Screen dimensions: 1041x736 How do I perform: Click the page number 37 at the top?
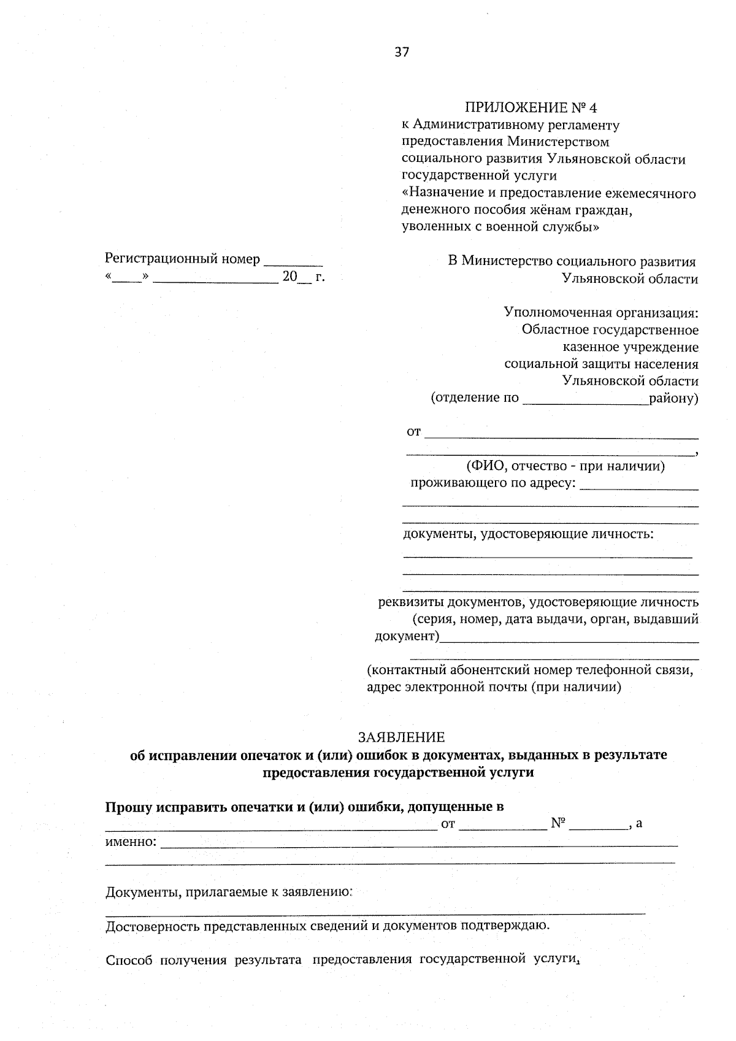pos(402,52)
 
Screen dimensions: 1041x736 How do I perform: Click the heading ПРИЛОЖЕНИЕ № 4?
pos(531,108)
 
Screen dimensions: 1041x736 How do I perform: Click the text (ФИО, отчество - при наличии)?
pos(565,466)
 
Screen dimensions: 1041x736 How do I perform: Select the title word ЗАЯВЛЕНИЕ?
pos(401,737)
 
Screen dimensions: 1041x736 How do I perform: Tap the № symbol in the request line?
pos(558,823)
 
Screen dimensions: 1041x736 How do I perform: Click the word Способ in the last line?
pos(129,960)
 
